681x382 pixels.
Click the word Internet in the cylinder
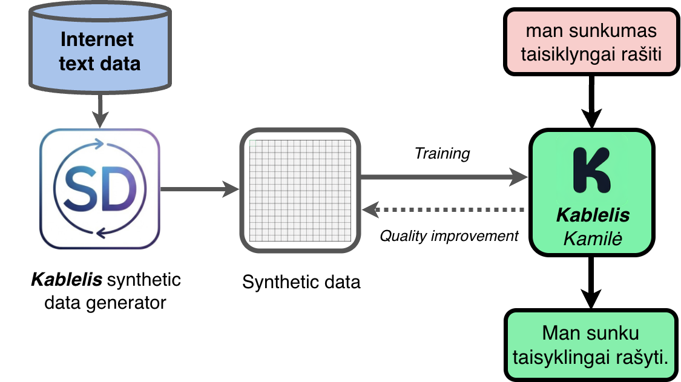pyautogui.click(x=97, y=40)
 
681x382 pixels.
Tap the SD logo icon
pyautogui.click(x=100, y=189)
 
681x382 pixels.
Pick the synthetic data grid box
pyautogui.click(x=301, y=189)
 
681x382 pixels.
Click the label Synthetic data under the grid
pyautogui.click(x=301, y=282)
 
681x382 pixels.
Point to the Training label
pyautogui.click(x=442, y=154)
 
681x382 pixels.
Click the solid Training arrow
pyautogui.click(x=445, y=177)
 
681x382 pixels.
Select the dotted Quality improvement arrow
pyautogui.click(x=445, y=210)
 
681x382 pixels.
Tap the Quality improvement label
pyautogui.click(x=449, y=235)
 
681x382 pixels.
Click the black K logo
pyautogui.click(x=591, y=170)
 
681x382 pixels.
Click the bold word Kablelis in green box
pyautogui.click(x=593, y=216)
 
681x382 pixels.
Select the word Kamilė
pyautogui.click(x=593, y=237)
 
